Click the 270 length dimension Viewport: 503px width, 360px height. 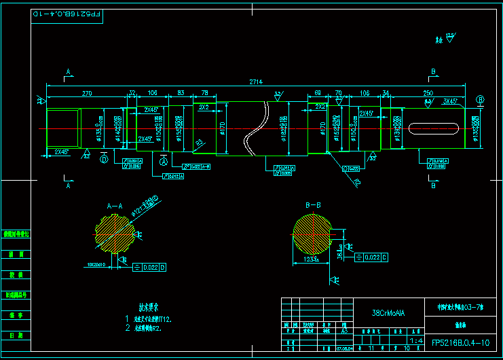(x=87, y=92)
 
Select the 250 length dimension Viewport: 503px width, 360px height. (x=428, y=92)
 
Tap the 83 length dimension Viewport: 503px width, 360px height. (x=181, y=92)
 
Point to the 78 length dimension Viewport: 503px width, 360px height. (x=205, y=92)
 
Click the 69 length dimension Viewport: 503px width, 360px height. (x=317, y=92)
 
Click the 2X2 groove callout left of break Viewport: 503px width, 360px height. (x=203, y=107)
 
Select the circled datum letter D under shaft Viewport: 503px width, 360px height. (x=104, y=160)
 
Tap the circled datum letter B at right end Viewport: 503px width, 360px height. (x=481, y=99)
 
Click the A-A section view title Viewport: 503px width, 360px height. (x=115, y=204)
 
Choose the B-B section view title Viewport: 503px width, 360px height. (x=313, y=204)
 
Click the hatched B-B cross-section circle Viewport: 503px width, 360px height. (x=312, y=236)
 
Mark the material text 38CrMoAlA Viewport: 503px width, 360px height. (x=389, y=313)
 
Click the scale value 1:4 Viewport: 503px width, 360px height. (x=415, y=340)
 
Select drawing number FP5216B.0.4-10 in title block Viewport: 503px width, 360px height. (x=460, y=343)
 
